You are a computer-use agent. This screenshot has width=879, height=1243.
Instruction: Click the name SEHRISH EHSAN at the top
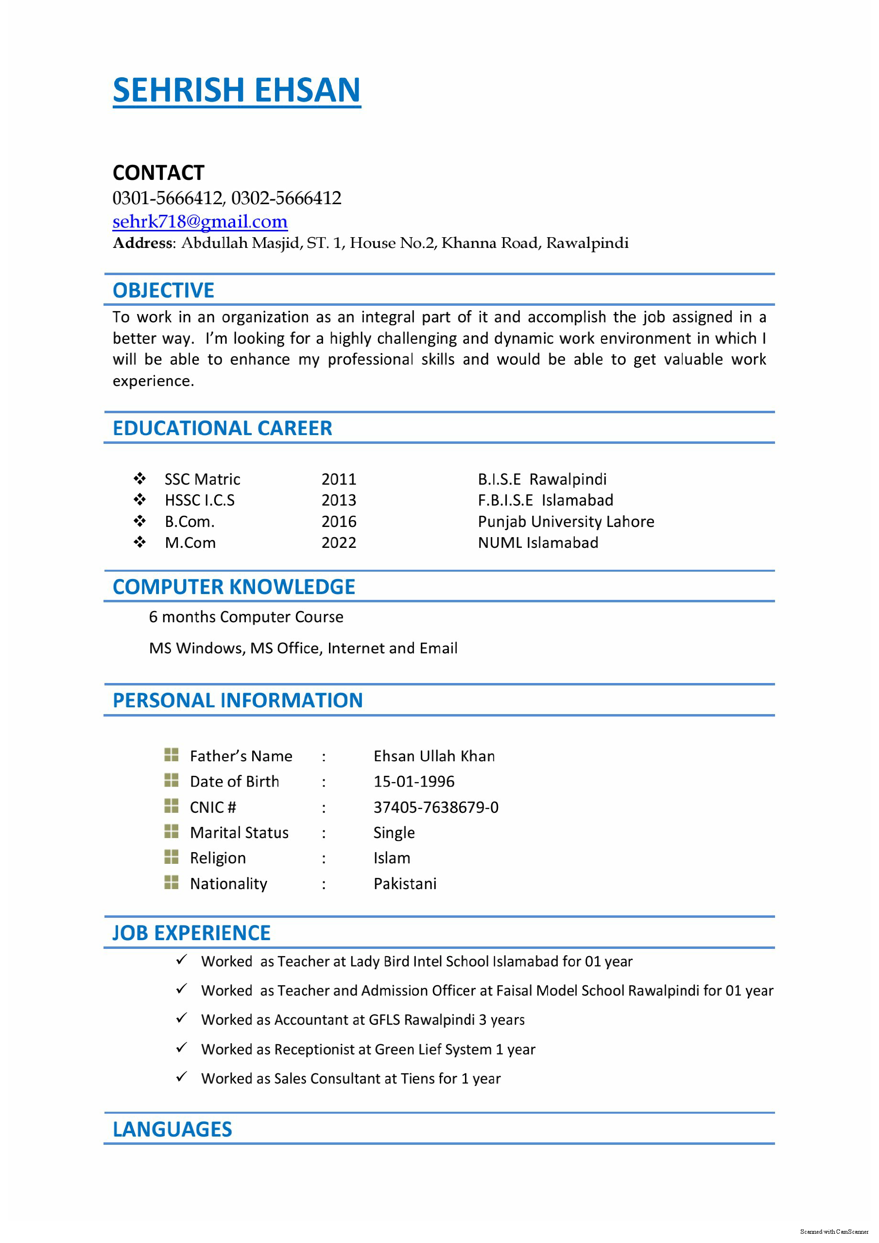pyautogui.click(x=237, y=90)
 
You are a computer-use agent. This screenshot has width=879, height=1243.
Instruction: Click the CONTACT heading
pyautogui.click(x=158, y=173)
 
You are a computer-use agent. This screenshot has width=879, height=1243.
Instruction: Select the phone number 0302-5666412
pyautogui.click(x=286, y=198)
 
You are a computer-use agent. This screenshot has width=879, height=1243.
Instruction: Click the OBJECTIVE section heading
pyautogui.click(x=163, y=290)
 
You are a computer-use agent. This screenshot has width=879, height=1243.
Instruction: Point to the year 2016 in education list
pyautogui.click(x=339, y=521)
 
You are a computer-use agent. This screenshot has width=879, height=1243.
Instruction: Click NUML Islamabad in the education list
pyautogui.click(x=537, y=543)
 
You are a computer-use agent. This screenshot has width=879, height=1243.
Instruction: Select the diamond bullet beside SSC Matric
pyautogui.click(x=139, y=478)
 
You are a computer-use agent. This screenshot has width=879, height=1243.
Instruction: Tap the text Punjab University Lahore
pyautogui.click(x=566, y=521)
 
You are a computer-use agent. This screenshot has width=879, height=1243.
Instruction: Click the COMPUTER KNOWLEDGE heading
pyautogui.click(x=233, y=587)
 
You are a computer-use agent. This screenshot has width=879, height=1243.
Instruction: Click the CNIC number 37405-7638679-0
pyautogui.click(x=436, y=807)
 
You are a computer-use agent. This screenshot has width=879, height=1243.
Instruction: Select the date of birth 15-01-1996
pyautogui.click(x=414, y=781)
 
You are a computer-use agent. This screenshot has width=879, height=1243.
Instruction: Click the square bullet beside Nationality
pyautogui.click(x=171, y=882)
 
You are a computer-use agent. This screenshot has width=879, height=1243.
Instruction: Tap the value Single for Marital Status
pyautogui.click(x=394, y=833)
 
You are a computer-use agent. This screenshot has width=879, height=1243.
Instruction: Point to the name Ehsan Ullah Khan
pyautogui.click(x=433, y=756)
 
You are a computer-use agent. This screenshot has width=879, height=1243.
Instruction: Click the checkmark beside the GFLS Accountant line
pyautogui.click(x=181, y=1018)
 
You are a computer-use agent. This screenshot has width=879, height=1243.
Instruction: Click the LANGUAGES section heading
pyautogui.click(x=172, y=1129)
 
